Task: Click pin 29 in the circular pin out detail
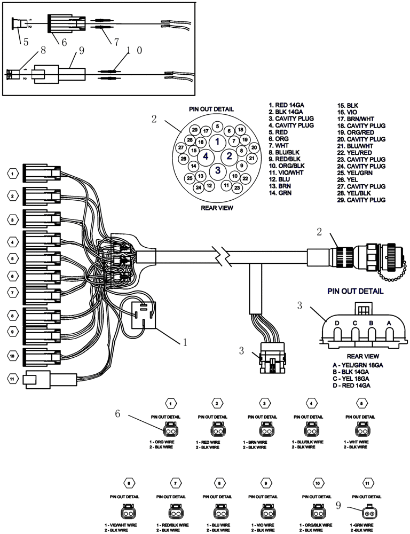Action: tap(195, 130)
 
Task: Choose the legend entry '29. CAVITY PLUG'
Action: tap(361, 200)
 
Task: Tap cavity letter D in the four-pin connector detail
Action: tap(337, 323)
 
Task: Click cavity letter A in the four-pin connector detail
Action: tap(389, 323)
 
